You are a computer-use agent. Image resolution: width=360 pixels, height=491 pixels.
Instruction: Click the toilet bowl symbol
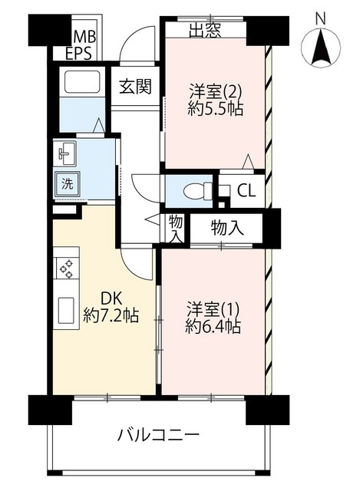197,191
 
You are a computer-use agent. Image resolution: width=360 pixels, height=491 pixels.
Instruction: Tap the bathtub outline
82,81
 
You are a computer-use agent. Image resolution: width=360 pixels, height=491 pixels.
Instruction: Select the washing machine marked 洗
67,184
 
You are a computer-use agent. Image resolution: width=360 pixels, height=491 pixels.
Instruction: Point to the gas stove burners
67,269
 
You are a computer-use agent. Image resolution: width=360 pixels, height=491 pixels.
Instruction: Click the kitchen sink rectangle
66,311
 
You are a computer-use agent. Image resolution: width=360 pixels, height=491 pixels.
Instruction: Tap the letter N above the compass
320,18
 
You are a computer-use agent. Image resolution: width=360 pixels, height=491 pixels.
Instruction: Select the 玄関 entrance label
135,86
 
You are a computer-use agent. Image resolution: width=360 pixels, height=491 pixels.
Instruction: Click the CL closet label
246,190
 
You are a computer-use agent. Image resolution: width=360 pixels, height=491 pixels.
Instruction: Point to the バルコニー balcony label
158,435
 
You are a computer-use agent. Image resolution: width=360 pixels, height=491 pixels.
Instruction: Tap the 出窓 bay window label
205,31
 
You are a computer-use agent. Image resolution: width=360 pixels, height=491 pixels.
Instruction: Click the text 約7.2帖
111,315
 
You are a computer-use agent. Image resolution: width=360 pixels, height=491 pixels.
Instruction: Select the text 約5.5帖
216,108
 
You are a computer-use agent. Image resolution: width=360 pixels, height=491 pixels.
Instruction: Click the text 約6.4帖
213,327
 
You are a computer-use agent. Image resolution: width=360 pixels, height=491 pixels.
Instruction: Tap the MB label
85,37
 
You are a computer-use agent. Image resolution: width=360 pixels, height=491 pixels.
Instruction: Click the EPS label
78,53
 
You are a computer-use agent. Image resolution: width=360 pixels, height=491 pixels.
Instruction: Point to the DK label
111,298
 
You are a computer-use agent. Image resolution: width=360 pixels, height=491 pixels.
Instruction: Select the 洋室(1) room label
213,310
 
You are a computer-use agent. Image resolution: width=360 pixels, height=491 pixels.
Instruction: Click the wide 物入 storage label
227,227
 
